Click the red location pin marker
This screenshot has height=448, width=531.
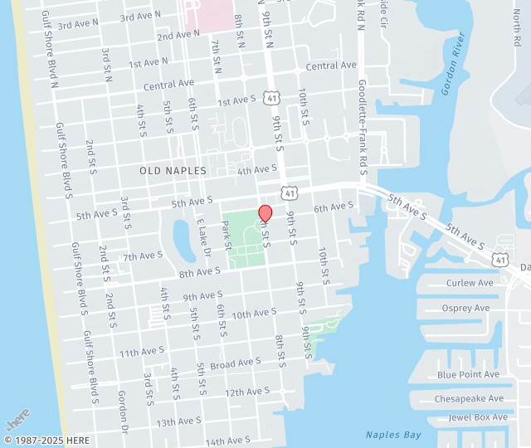pos(265,213)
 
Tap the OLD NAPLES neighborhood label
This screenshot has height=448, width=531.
pos(173,170)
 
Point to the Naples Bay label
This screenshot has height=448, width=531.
pos(393,435)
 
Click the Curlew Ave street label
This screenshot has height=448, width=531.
pos(470,283)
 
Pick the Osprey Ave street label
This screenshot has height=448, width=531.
pos(466,309)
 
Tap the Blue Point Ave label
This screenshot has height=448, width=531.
pos(469,375)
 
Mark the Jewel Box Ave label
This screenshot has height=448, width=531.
pos(478,417)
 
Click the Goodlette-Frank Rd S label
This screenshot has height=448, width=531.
pos(362,129)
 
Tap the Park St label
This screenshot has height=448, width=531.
pos(227,235)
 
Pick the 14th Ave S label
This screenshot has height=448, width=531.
pos(227,441)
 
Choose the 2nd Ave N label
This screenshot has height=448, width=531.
pos(178,34)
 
